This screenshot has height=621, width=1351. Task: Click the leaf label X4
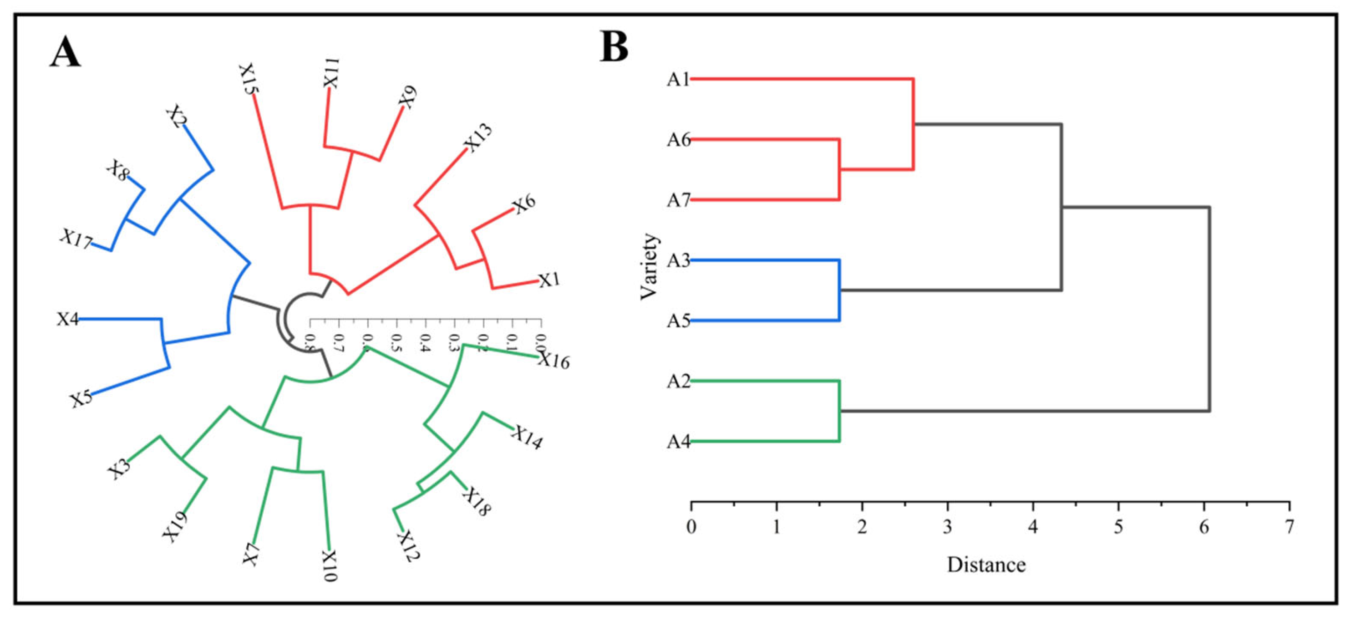pos(68,319)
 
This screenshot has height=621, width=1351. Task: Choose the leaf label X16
pos(554,361)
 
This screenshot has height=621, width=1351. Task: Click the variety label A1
pos(678,80)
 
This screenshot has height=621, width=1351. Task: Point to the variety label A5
pos(678,321)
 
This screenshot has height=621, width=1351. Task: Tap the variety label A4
pos(678,442)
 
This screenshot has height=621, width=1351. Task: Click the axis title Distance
pos(986,565)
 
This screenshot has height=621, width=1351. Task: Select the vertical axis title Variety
pos(649,266)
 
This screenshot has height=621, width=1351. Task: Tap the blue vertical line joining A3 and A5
pos(840,290)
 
